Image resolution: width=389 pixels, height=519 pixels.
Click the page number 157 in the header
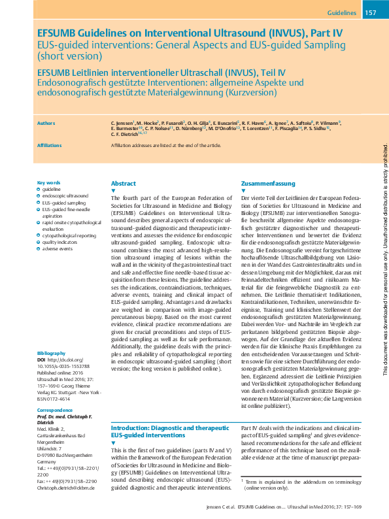click(371, 12)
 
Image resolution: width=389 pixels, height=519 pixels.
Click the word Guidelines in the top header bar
click(341, 12)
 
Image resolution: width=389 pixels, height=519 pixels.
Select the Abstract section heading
click(124, 184)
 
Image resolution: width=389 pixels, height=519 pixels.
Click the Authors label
click(46, 122)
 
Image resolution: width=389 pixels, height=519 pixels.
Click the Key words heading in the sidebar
click(49, 182)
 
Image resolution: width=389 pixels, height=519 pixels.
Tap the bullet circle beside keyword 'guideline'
click(39, 189)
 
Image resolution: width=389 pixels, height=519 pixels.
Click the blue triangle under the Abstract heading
click(113, 191)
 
